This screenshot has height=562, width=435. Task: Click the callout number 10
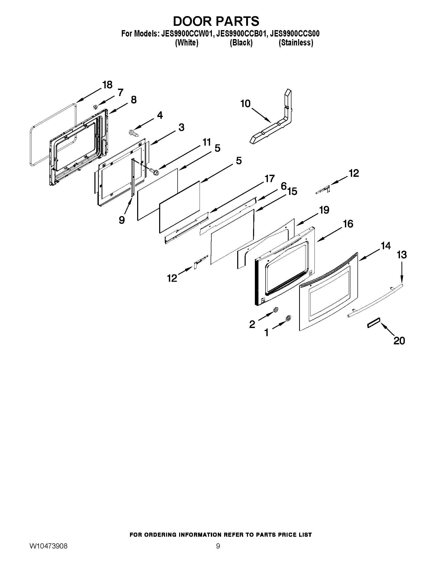click(x=245, y=104)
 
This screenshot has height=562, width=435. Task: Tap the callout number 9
click(x=122, y=220)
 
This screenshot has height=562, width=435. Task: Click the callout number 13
click(x=402, y=255)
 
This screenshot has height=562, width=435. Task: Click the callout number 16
click(x=348, y=224)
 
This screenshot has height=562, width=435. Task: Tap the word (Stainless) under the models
click(x=296, y=43)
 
